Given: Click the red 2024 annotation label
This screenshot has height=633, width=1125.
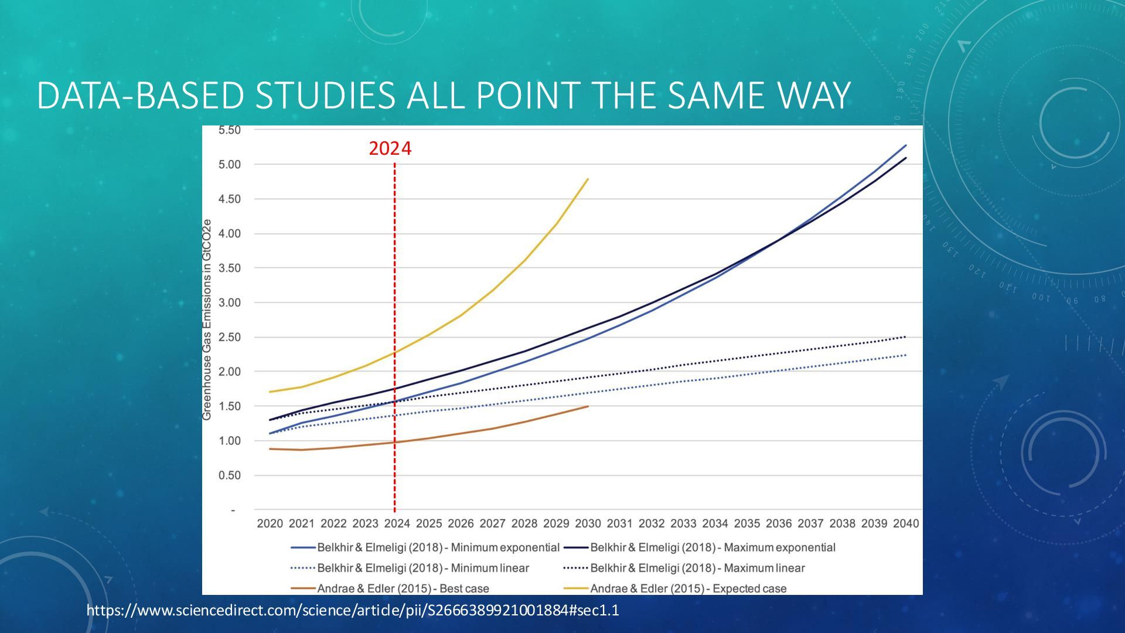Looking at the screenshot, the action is [390, 149].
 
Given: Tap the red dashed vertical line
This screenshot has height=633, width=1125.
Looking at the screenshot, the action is [394, 338].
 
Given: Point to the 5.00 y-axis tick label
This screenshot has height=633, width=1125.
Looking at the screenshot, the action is [230, 165].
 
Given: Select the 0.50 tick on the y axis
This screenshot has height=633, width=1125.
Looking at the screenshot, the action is [230, 475].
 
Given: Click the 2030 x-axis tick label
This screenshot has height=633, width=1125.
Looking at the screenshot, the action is [588, 523].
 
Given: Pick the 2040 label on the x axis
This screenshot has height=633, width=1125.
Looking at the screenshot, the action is [906, 523].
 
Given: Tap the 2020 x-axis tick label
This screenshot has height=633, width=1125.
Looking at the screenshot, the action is [270, 523].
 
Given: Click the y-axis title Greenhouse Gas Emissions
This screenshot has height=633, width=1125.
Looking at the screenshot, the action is [207, 320].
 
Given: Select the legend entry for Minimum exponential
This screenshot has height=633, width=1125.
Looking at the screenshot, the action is [425, 547].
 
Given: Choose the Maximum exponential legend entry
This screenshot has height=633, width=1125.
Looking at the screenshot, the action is [700, 547].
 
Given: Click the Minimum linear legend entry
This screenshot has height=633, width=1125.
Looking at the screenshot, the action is [410, 568].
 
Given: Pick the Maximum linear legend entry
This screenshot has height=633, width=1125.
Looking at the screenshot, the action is [684, 568].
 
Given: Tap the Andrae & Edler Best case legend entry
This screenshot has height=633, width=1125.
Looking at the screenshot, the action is [390, 588].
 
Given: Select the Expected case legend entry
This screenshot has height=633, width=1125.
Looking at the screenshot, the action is [675, 588].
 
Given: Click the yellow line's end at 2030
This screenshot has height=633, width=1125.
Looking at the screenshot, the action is [588, 179].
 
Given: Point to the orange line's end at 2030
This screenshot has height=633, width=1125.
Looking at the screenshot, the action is [588, 406].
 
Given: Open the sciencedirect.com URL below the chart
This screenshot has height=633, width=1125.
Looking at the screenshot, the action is [353, 611].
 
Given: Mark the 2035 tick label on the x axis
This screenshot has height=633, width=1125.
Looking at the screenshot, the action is [747, 523].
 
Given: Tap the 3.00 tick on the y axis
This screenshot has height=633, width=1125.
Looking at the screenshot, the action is [230, 303].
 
